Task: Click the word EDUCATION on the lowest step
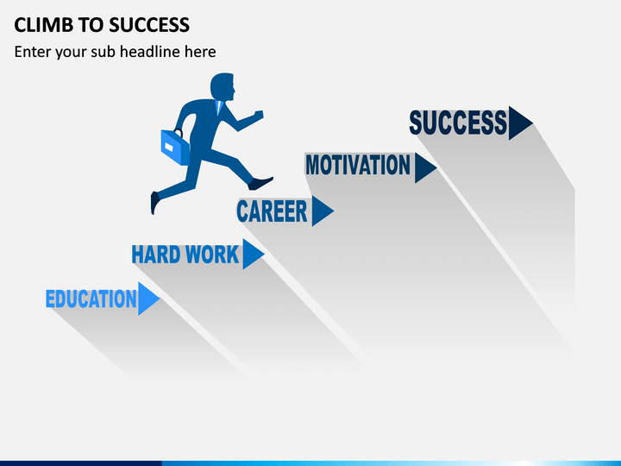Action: tap(91, 299)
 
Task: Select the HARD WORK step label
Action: tap(185, 255)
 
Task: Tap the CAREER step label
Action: tap(272, 211)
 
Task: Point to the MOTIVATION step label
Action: tap(358, 165)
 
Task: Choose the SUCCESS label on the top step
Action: tap(458, 123)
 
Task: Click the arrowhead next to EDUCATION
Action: tap(147, 299)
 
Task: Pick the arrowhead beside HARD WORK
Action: tap(252, 254)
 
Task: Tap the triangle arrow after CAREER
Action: tap(322, 211)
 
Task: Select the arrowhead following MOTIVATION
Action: tap(424, 167)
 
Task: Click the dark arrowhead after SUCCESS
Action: tap(519, 123)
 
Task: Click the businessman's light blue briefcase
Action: tap(175, 148)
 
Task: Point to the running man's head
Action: tap(223, 86)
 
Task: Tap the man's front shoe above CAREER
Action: tap(260, 183)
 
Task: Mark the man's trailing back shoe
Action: tap(155, 203)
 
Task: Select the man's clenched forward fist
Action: tap(259, 115)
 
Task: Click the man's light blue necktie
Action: tap(218, 107)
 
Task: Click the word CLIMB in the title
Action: tap(44, 25)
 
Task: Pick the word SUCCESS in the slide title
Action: tap(149, 25)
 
